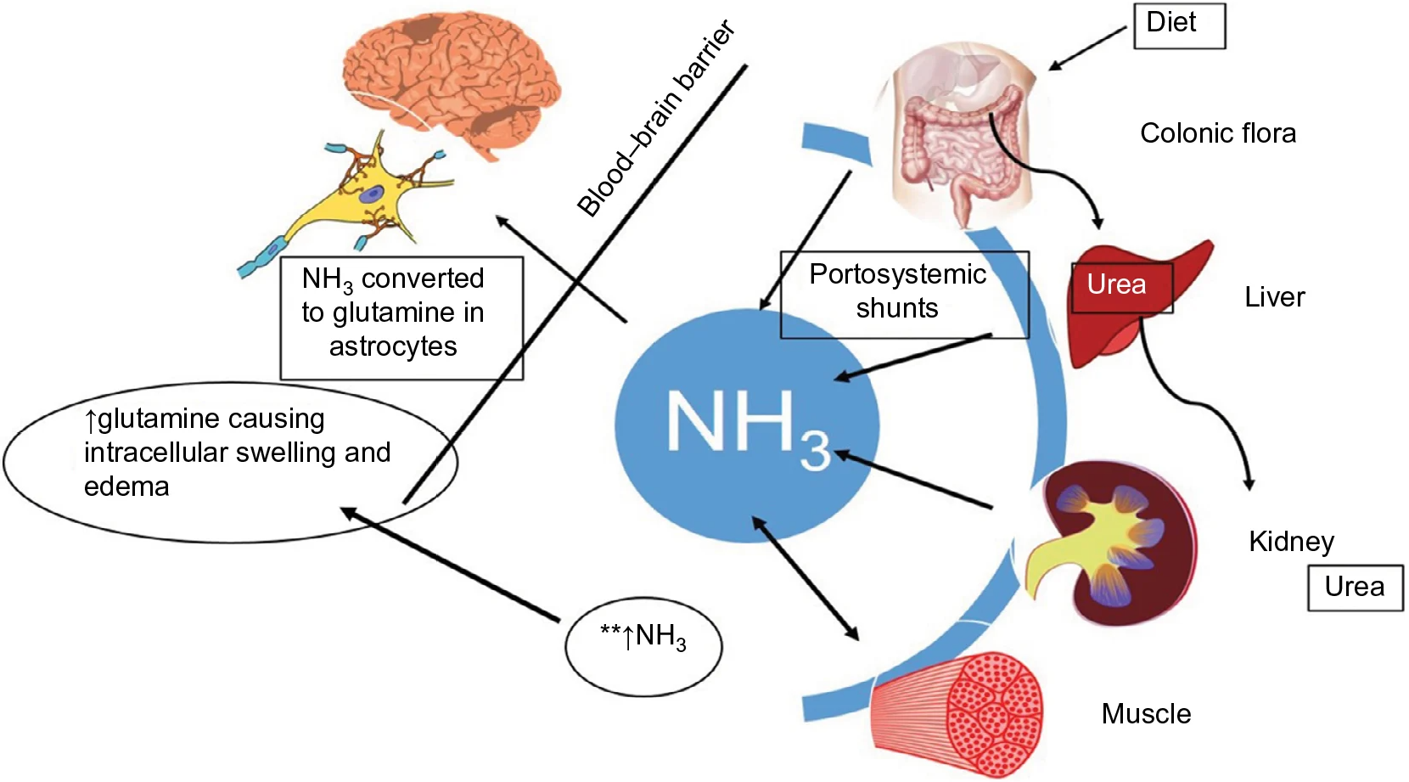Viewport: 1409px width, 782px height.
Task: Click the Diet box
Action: click(1179, 25)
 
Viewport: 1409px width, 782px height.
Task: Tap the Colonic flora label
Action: click(1217, 133)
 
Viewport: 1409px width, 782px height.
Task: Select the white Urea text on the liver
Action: click(1116, 285)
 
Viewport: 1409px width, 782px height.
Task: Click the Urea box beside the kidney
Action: click(1354, 588)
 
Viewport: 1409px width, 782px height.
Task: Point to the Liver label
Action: click(1274, 297)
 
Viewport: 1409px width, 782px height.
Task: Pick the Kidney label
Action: click(1291, 542)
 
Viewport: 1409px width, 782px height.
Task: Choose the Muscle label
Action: click(1146, 714)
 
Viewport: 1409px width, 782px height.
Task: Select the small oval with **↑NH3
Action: click(643, 646)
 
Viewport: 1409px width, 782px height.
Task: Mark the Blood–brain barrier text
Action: click(656, 120)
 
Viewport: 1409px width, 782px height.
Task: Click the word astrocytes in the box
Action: click(393, 347)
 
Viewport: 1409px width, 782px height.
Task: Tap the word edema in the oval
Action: click(126, 487)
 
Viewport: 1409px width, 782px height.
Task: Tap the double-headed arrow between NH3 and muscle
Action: click(806, 578)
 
